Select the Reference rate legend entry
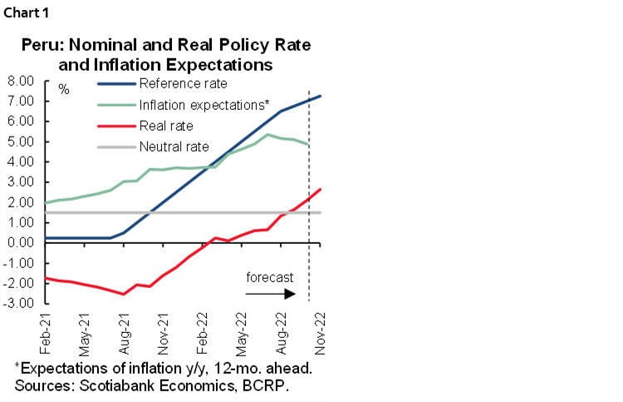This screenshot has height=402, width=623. pos(183,83)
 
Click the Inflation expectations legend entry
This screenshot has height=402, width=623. pos(203,105)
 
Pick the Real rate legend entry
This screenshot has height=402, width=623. pos(166,127)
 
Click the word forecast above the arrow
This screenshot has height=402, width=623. pos(271,276)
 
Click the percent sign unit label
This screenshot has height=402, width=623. pos(63,89)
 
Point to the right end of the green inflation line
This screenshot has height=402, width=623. pos(308,145)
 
